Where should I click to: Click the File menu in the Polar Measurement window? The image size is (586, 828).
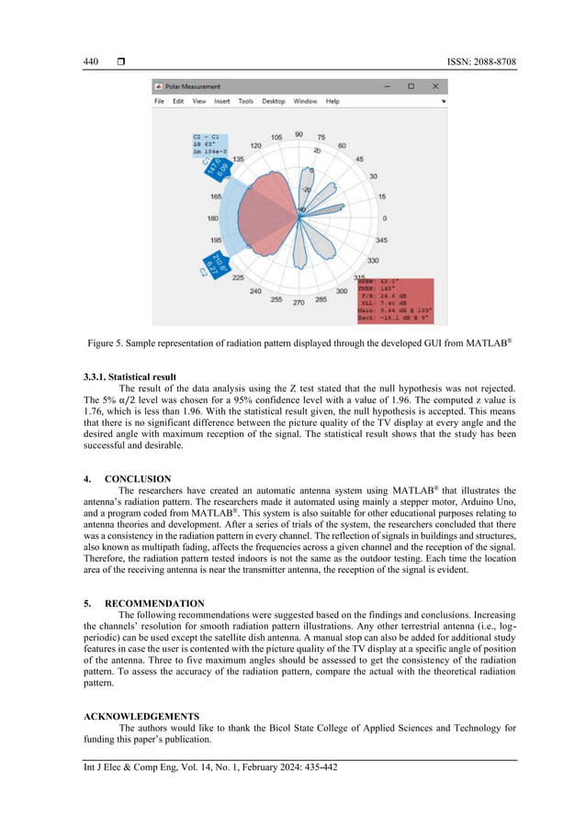point(160,101)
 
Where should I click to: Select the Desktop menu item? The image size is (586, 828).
point(273,101)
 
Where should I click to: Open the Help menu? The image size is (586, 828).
point(332,101)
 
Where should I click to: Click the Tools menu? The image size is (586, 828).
point(245,101)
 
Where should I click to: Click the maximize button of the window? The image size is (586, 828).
point(411,86)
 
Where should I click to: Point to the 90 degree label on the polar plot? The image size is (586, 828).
point(299,134)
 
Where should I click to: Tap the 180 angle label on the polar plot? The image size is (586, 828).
point(212,218)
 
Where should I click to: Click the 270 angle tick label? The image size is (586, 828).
point(299,302)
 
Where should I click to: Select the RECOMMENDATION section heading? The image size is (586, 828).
point(149,603)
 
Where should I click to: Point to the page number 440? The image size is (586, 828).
point(90,62)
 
